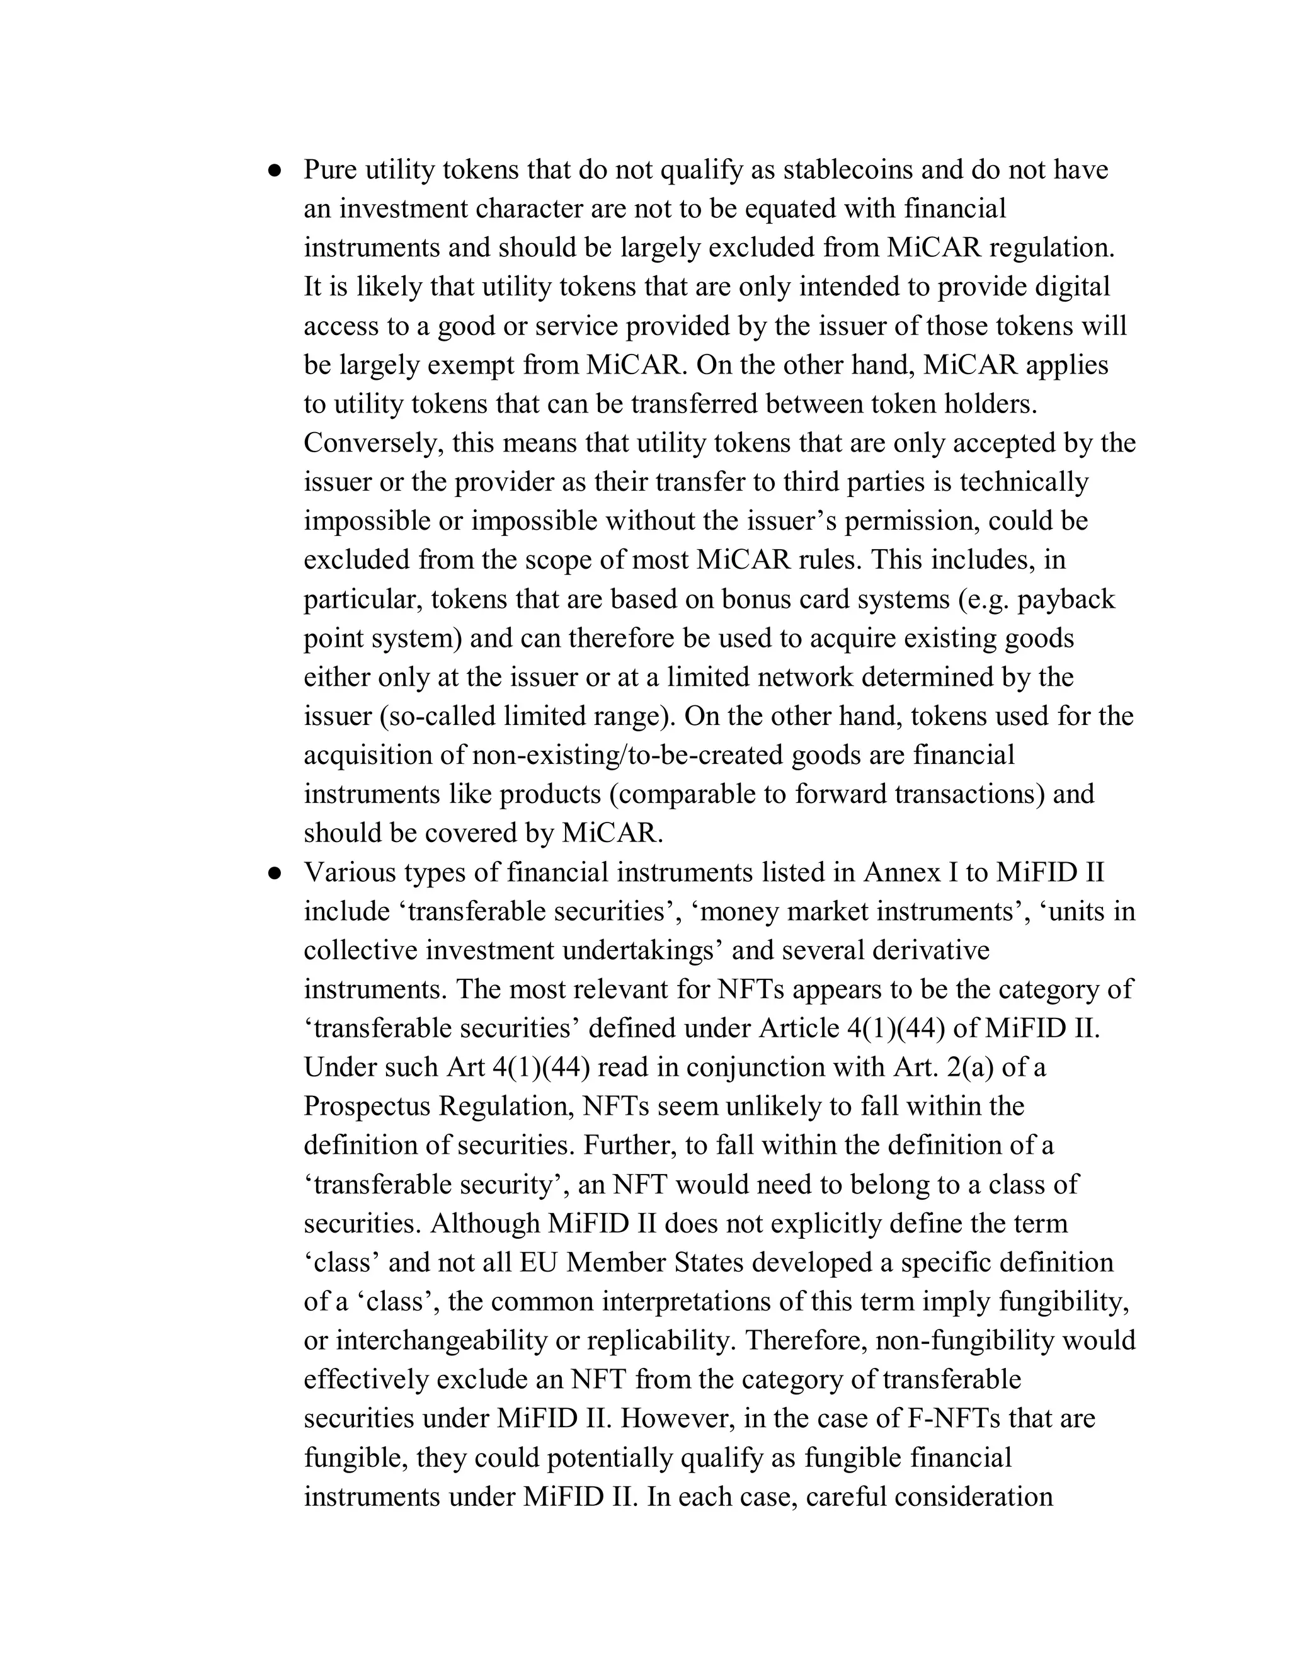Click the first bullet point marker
275,171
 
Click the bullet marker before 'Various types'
275,874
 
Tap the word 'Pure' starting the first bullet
330,169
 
